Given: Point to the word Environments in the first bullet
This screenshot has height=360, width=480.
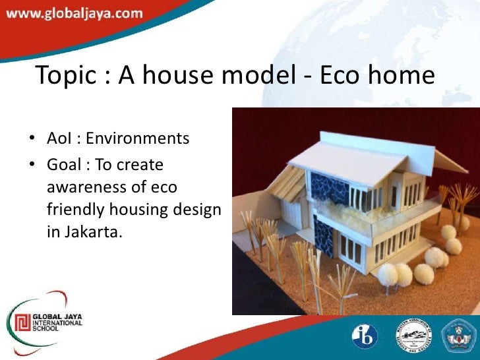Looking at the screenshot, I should [x=138, y=139].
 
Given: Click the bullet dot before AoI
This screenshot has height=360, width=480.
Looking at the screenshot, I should [x=32, y=140].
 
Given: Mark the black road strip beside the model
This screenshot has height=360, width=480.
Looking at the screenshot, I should [x=264, y=290].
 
